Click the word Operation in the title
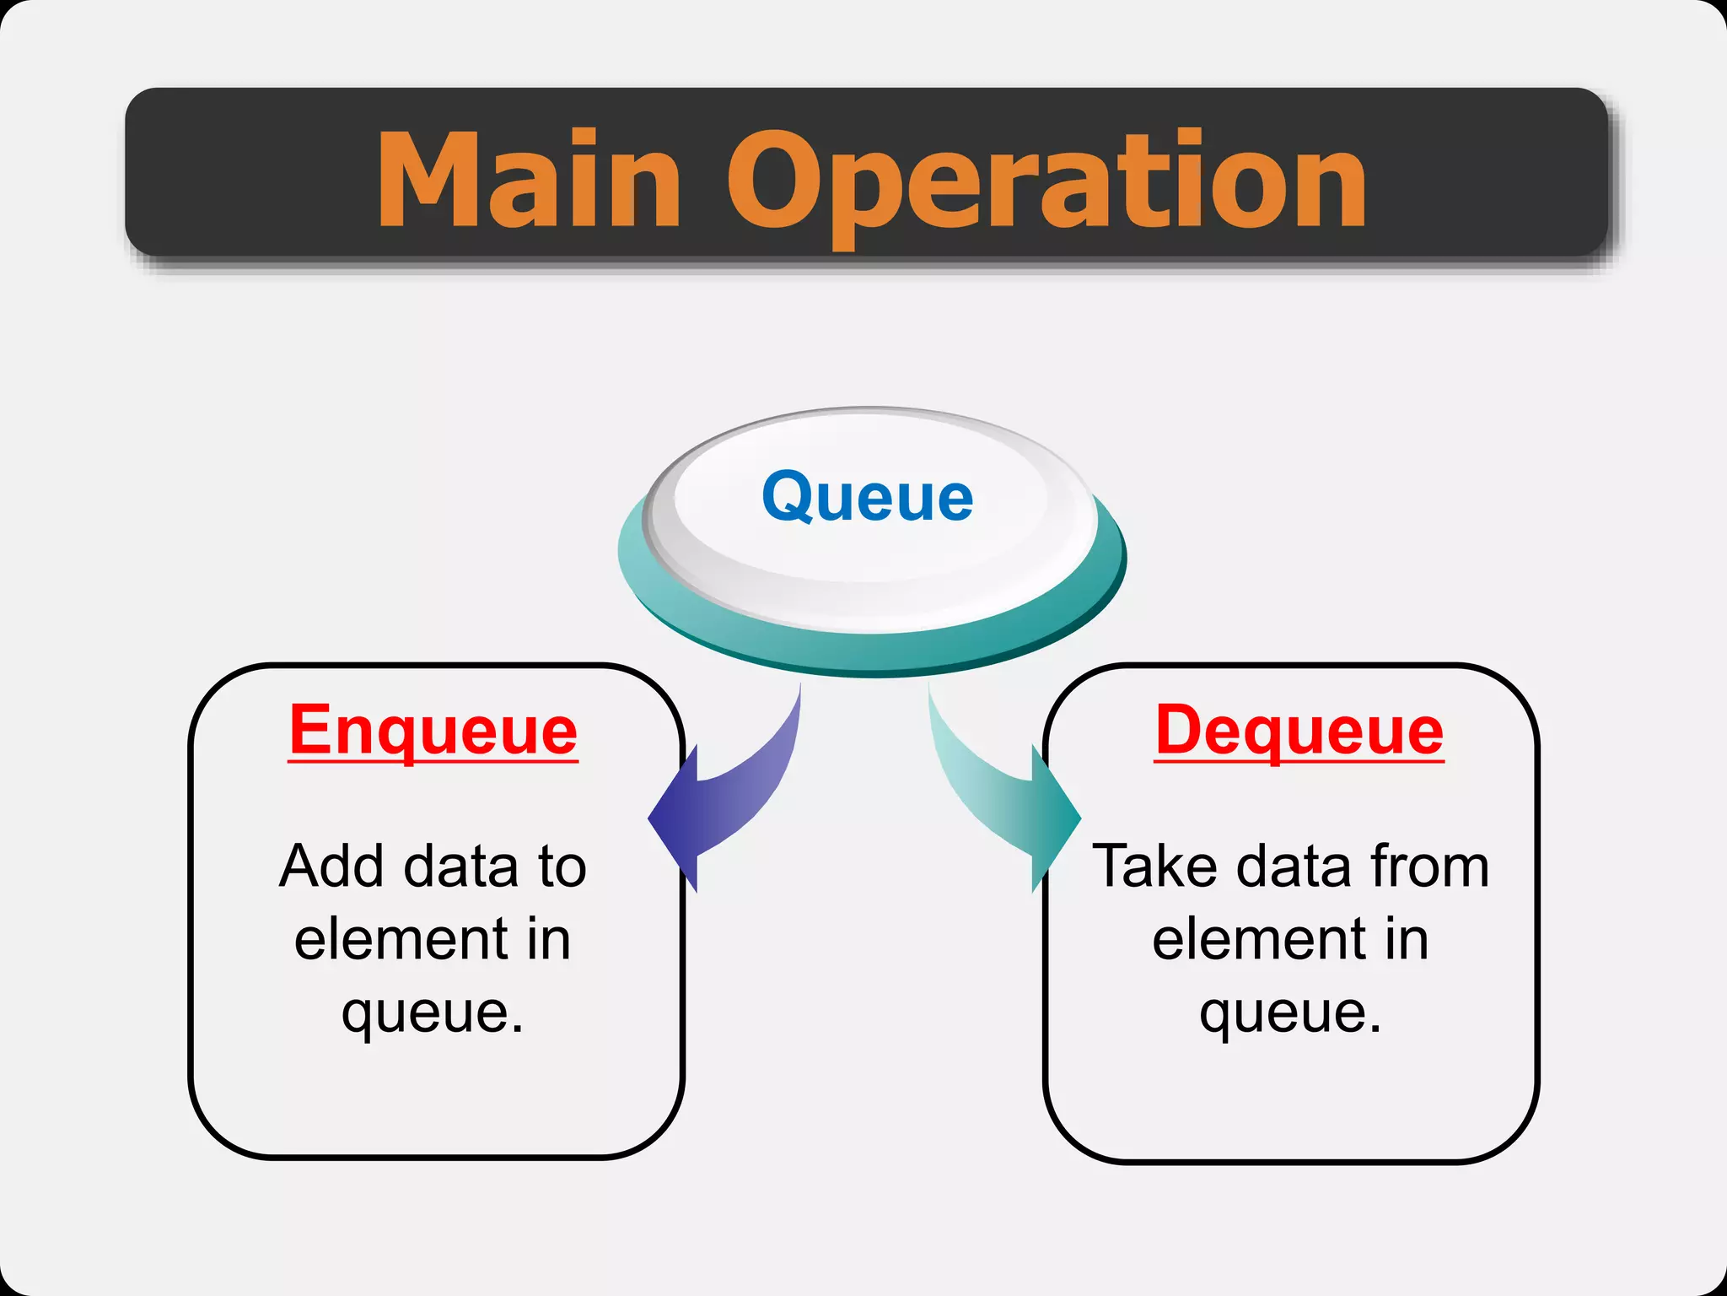1046,181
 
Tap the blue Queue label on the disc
867,497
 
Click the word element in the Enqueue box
401,939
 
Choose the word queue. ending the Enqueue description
433,1012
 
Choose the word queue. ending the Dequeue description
1290,1012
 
